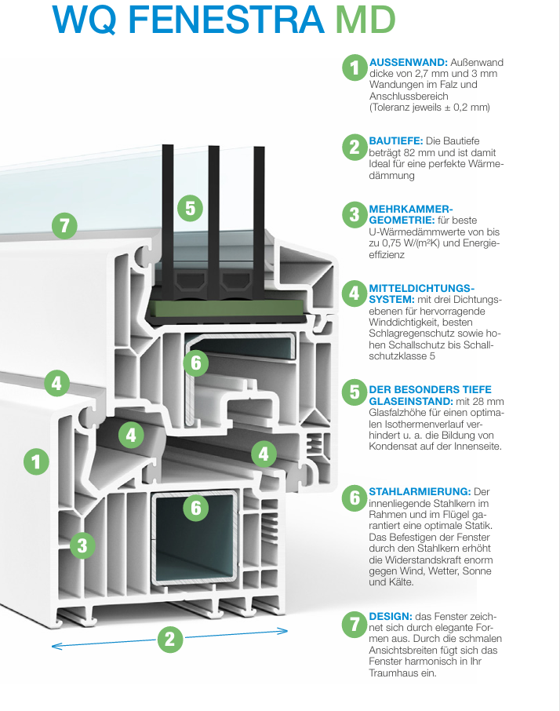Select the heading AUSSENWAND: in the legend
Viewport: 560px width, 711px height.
408,62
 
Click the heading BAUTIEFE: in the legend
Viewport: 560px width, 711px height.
396,140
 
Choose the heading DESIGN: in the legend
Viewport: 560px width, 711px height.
391,617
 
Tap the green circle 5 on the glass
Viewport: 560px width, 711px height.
190,208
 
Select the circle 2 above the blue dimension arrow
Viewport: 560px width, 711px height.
169,639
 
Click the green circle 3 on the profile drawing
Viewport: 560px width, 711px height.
82,544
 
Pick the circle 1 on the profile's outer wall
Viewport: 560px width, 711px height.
35,460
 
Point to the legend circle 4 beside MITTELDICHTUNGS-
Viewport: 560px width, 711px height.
355,294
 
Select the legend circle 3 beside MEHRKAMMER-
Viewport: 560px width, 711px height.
355,214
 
